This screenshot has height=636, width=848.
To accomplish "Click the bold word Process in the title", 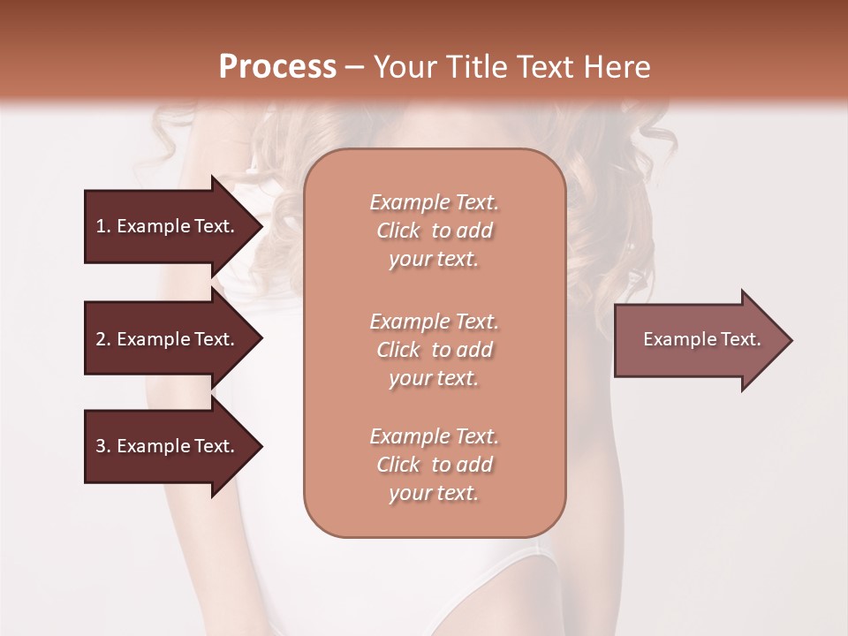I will tap(277, 66).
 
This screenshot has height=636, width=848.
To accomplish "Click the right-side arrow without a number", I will tap(701, 339).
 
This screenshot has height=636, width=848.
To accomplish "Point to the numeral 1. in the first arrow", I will tap(102, 226).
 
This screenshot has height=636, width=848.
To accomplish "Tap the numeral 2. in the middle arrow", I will tap(102, 339).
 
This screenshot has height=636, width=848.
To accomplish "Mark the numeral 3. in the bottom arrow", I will tap(102, 446).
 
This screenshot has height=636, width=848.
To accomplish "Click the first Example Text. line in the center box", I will tap(434, 202).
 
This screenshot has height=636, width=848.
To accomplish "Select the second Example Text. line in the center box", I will tap(434, 321).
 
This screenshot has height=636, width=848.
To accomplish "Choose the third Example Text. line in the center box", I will tap(434, 436).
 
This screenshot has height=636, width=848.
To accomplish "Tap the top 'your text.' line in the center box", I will tap(434, 260).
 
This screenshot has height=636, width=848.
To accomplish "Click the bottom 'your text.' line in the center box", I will tap(434, 494).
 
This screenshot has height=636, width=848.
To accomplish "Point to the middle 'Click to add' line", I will tap(434, 350).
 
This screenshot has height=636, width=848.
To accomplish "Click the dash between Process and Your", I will tap(353, 67).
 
